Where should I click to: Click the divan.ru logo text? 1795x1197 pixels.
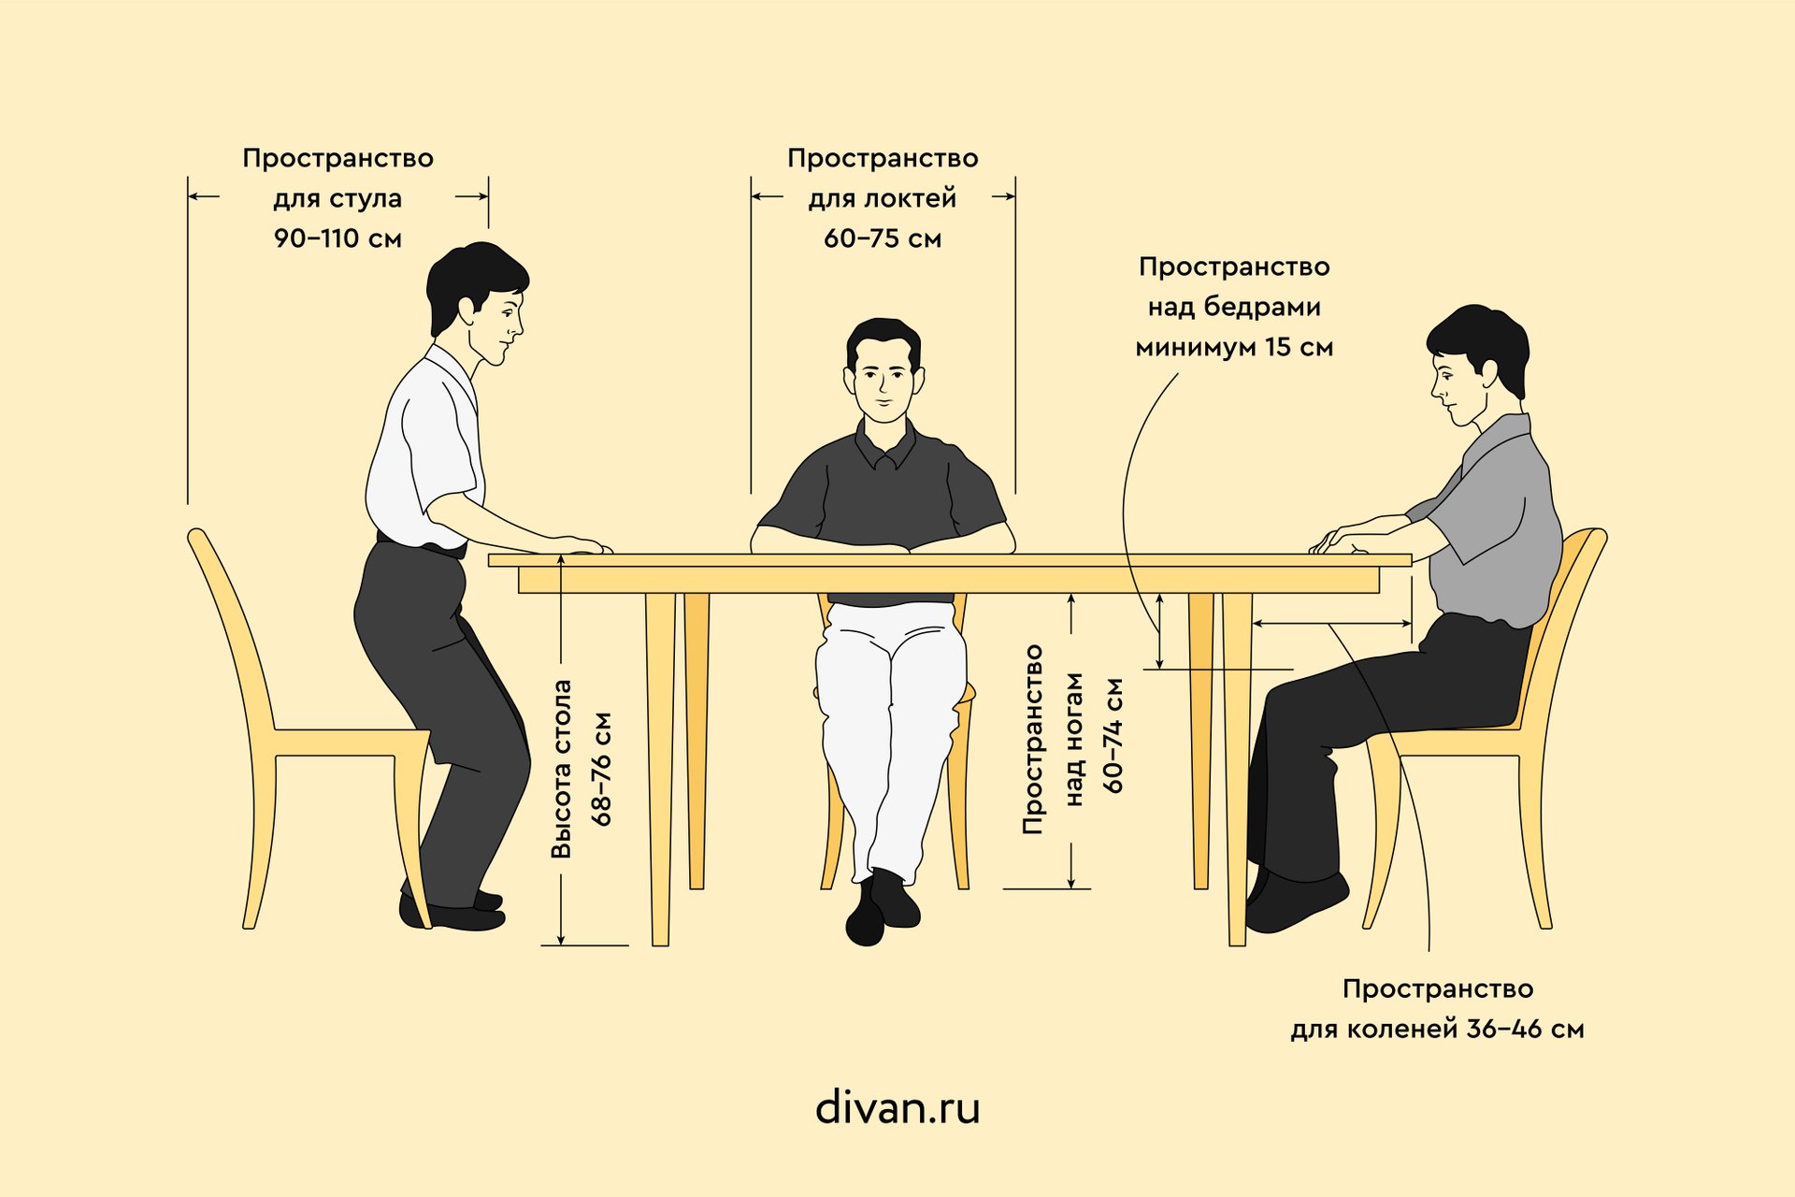[x=897, y=1108]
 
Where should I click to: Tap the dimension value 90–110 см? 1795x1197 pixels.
[x=337, y=238]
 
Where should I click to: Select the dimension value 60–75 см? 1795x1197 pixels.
[x=883, y=238]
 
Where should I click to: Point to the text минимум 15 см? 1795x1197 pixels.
[x=1234, y=347]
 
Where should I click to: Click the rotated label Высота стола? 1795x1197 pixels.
[x=561, y=769]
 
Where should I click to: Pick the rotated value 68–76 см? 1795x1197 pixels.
[x=601, y=769]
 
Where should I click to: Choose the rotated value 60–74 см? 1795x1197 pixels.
[x=1113, y=736]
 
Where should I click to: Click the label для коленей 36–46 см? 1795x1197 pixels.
[x=1437, y=1030]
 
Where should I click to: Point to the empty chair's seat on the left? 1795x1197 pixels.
[x=351, y=743]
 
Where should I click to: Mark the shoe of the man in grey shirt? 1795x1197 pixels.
[x=1295, y=902]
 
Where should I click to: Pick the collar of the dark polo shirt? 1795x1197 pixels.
[x=883, y=446]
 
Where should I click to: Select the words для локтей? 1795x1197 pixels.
[x=883, y=198]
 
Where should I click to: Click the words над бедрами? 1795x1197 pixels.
[x=1234, y=307]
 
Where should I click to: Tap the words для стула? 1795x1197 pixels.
[x=337, y=198]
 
